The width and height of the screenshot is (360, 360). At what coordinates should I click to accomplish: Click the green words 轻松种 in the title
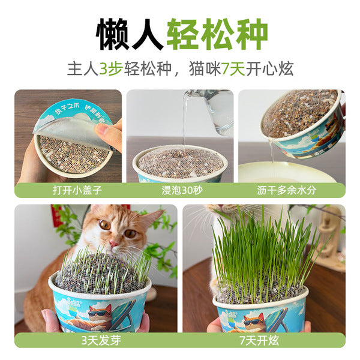[x=217, y=34]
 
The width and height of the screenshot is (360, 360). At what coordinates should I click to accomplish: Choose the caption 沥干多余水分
[x=292, y=190]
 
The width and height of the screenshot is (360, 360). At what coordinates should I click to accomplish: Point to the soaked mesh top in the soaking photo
[x=180, y=162]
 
